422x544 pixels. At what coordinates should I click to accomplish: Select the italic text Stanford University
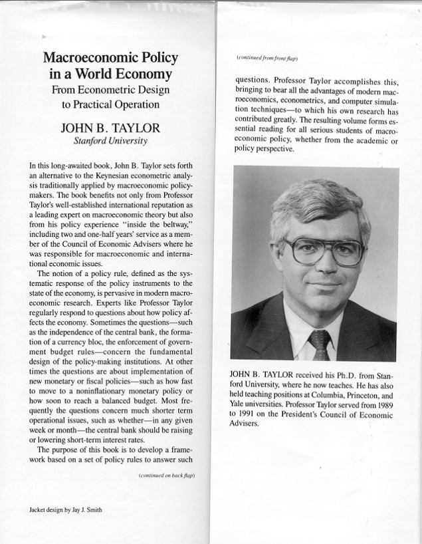[x=111, y=141]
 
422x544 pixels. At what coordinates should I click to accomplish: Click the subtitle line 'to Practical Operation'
[x=111, y=104]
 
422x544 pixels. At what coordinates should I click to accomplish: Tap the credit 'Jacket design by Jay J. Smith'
[x=65, y=511]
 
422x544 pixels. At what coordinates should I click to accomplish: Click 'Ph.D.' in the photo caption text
[x=335, y=374]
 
